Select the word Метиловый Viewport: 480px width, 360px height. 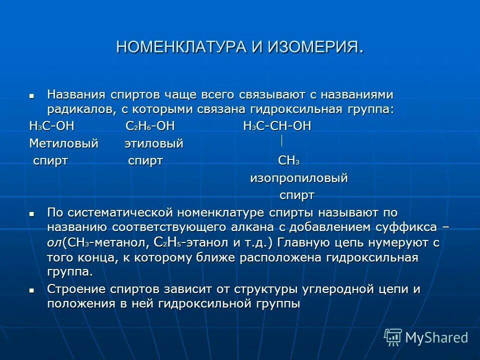coord(63,144)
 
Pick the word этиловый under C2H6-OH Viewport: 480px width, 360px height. coord(153,144)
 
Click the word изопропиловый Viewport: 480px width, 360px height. coord(298,178)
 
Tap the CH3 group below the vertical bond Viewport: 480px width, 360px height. coord(288,161)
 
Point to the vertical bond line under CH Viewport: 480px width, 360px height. coord(282,140)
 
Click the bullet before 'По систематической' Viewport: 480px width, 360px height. coord(32,213)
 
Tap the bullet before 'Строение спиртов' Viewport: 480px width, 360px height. coord(32,289)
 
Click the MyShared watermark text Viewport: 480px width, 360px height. coord(436,337)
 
